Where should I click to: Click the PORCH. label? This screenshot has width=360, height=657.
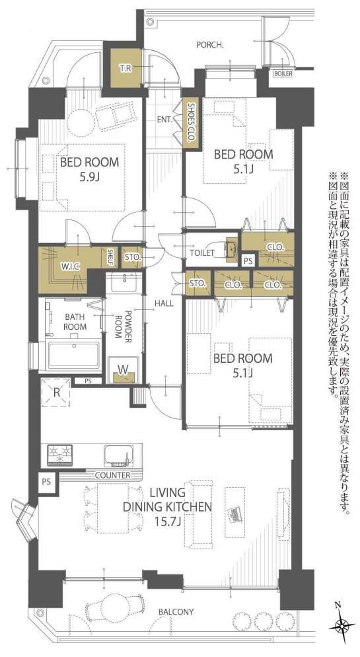[x=210, y=45]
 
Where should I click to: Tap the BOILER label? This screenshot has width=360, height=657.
[x=283, y=73]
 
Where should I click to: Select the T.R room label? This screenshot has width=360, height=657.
[x=124, y=68]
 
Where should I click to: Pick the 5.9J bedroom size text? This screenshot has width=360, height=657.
[x=89, y=176]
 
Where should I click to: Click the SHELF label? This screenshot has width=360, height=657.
[x=111, y=257]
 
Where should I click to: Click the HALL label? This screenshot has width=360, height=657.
[x=164, y=303]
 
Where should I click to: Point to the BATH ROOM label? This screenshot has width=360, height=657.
[x=75, y=321]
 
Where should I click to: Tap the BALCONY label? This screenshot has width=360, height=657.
[x=176, y=611]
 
